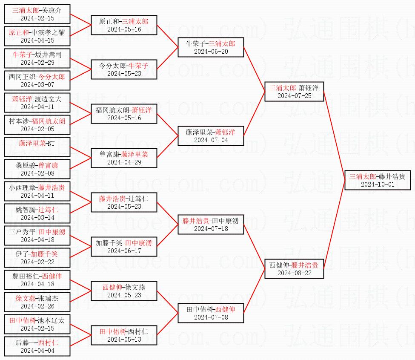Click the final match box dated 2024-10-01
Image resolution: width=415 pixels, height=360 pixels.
coord(377,180)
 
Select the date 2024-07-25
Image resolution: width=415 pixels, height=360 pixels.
coord(294,96)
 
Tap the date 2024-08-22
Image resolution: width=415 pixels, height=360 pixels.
coord(294,273)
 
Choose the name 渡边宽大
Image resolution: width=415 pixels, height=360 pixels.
coord(48,99)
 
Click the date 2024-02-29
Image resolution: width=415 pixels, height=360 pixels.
coord(37,63)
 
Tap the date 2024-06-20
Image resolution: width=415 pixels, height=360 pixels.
coord(211,52)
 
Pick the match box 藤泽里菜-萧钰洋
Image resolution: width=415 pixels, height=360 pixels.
coord(211,136)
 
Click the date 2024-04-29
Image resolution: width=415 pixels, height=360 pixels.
coord(124,162)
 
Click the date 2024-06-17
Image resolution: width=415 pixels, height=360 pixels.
coord(124,251)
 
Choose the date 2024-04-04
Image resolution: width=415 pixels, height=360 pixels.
coord(37,351)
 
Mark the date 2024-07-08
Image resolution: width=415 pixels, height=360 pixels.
coord(211,317)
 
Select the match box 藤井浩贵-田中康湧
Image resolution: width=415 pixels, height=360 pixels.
coord(211,225)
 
